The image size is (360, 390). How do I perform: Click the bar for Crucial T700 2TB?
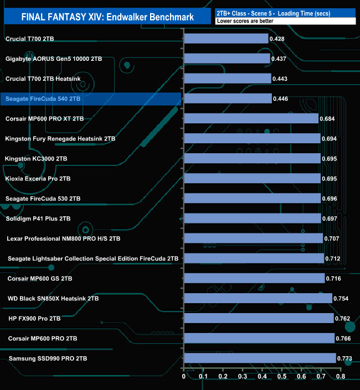226,39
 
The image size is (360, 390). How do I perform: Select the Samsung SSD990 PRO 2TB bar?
260,358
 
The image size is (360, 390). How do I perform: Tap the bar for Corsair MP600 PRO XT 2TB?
251,118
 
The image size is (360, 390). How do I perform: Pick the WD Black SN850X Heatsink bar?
258,299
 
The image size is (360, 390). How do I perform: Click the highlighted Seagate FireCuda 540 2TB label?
43,98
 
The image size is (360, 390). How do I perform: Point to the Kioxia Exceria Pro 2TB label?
38,179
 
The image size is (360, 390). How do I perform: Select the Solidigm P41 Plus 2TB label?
38,219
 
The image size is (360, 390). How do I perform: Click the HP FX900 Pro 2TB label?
35,319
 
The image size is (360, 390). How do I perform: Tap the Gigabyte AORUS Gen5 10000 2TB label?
54,59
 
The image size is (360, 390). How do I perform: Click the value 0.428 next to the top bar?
277,39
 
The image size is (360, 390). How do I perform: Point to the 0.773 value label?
344,358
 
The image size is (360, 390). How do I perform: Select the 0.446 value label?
280,98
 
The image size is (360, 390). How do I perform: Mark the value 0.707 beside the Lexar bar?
332,238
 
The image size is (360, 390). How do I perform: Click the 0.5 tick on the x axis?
282,377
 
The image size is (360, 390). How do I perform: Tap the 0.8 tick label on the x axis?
340,377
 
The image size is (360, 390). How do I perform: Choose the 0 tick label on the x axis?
184,377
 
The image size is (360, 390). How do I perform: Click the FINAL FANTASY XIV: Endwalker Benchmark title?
107,17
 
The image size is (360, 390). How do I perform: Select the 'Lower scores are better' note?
244,21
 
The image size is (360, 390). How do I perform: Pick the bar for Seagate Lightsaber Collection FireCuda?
254,258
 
